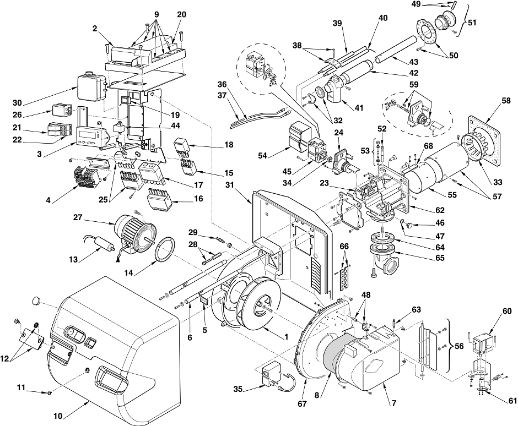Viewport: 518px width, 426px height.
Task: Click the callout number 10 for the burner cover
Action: [58, 416]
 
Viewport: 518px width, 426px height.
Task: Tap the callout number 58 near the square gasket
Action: [506, 101]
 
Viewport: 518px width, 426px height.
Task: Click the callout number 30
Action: [17, 102]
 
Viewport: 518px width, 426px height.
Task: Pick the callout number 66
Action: [344, 247]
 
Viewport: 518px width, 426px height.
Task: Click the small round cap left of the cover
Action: [37, 301]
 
